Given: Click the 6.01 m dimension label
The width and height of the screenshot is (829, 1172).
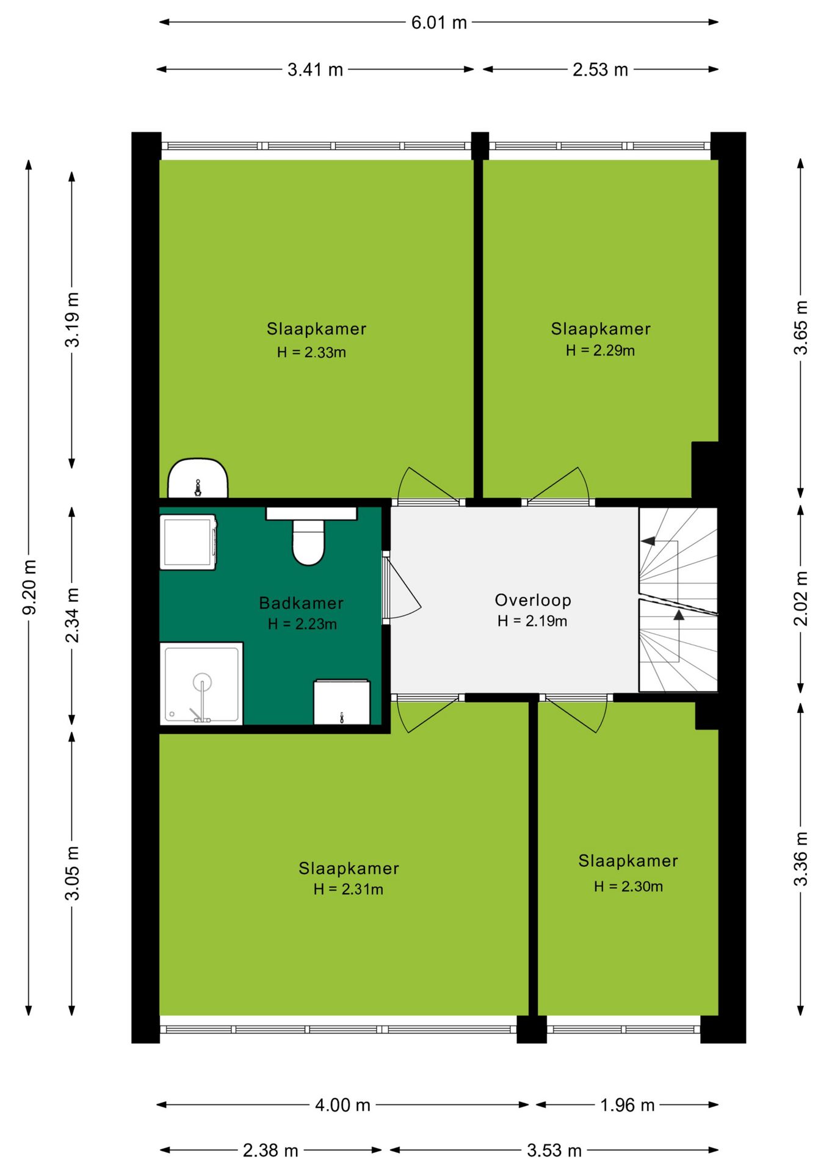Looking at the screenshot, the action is point(439,23).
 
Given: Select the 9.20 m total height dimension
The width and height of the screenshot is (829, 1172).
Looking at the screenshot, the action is point(29,587).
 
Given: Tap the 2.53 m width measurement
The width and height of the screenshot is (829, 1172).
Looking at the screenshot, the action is point(600,70).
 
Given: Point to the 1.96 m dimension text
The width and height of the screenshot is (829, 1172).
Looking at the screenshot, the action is point(627,1105).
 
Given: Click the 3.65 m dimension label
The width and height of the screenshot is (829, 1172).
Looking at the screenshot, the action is point(800,327).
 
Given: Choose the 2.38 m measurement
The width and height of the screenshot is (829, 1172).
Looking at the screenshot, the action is point(270,1150).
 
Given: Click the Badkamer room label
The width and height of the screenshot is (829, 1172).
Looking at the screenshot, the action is point(302,603).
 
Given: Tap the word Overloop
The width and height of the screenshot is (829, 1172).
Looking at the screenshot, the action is point(533,600).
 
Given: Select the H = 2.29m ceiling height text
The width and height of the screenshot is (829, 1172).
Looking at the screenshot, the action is point(600,350).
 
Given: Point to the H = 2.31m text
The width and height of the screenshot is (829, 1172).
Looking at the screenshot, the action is point(349,889).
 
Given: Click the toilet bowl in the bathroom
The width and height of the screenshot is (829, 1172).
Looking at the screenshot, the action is point(308,542).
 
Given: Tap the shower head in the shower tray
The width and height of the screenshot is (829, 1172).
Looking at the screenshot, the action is point(202,682).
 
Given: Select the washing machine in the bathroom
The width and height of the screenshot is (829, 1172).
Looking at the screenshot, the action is point(188,542).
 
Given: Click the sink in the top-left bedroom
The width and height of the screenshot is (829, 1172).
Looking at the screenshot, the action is point(198,478).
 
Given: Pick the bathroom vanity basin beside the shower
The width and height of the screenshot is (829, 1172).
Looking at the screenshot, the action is point(342,702).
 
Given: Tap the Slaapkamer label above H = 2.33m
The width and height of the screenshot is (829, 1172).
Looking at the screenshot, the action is point(316,329).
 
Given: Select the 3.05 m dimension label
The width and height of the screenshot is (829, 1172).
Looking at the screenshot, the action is point(73,873).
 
